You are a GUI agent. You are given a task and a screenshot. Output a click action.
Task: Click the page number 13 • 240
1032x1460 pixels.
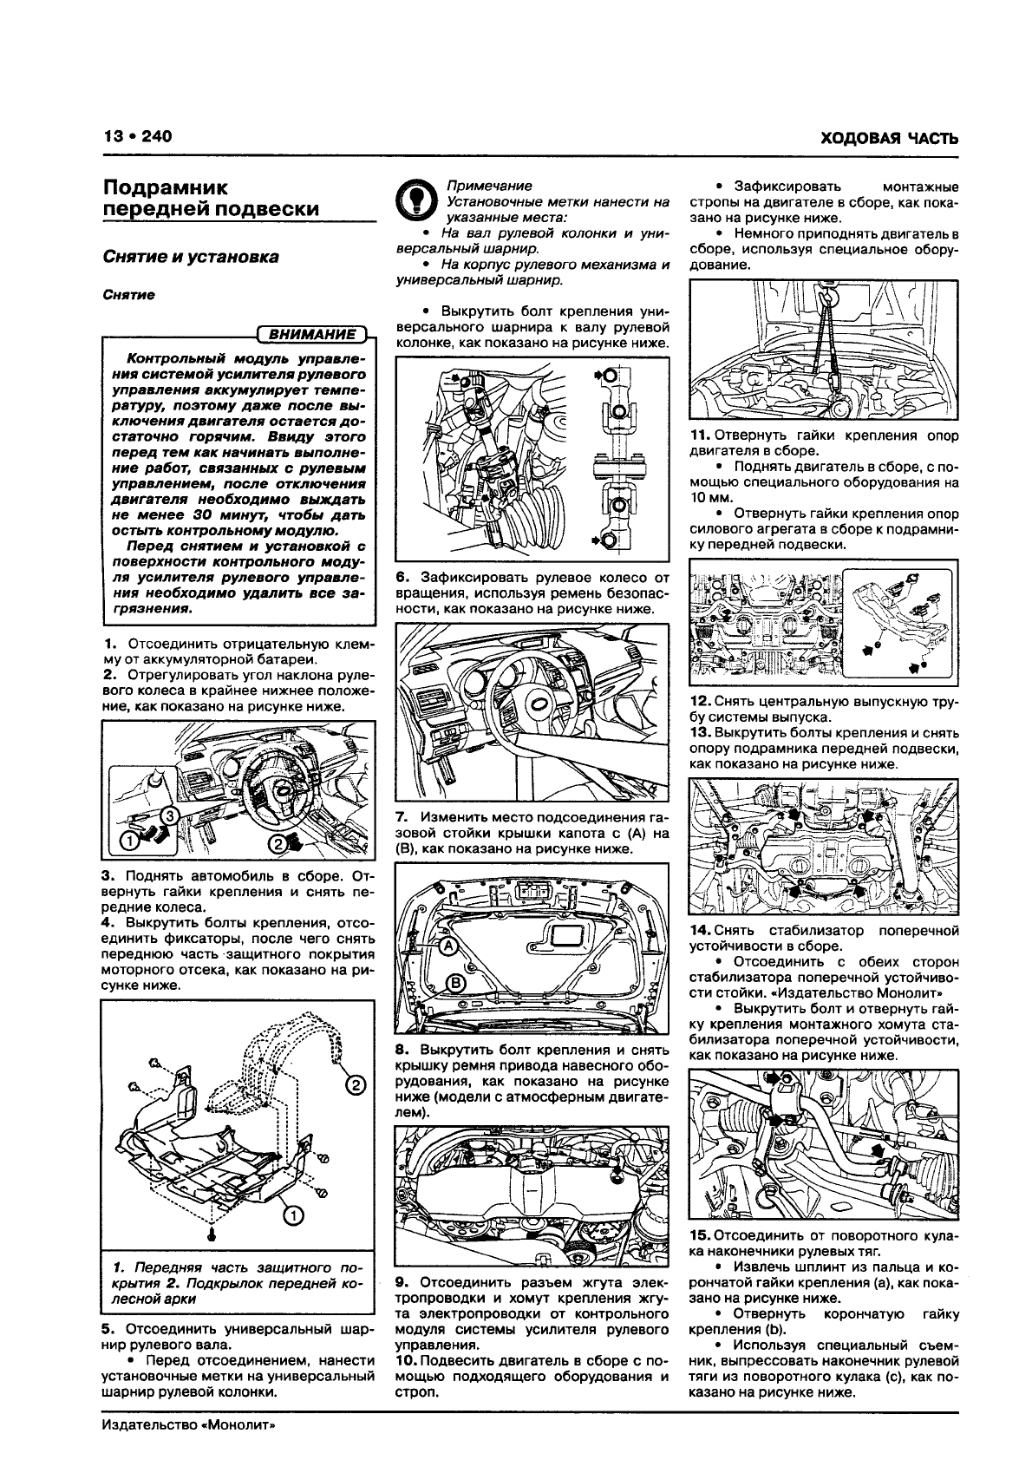[x=138, y=136]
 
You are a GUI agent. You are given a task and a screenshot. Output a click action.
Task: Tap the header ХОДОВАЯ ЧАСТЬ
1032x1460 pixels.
[x=889, y=138]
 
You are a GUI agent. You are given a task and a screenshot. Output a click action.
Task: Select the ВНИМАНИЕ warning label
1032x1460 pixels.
[x=312, y=334]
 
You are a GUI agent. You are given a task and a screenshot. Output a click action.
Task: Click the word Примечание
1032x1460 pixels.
[x=489, y=186]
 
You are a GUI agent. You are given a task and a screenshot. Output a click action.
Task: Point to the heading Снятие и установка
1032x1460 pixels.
[x=191, y=257]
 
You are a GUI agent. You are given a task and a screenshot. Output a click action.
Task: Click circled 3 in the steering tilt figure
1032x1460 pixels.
[x=169, y=815]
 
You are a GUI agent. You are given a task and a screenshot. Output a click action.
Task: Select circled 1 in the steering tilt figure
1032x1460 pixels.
[x=130, y=841]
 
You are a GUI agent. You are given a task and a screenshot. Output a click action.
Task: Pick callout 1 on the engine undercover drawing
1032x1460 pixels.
[x=294, y=1214]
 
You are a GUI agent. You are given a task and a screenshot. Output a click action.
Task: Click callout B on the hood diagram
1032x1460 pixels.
[x=454, y=984]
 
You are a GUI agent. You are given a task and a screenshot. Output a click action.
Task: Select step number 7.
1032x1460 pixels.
[x=402, y=817]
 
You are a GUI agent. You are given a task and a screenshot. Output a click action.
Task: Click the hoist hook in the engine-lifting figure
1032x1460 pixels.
[x=827, y=297]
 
